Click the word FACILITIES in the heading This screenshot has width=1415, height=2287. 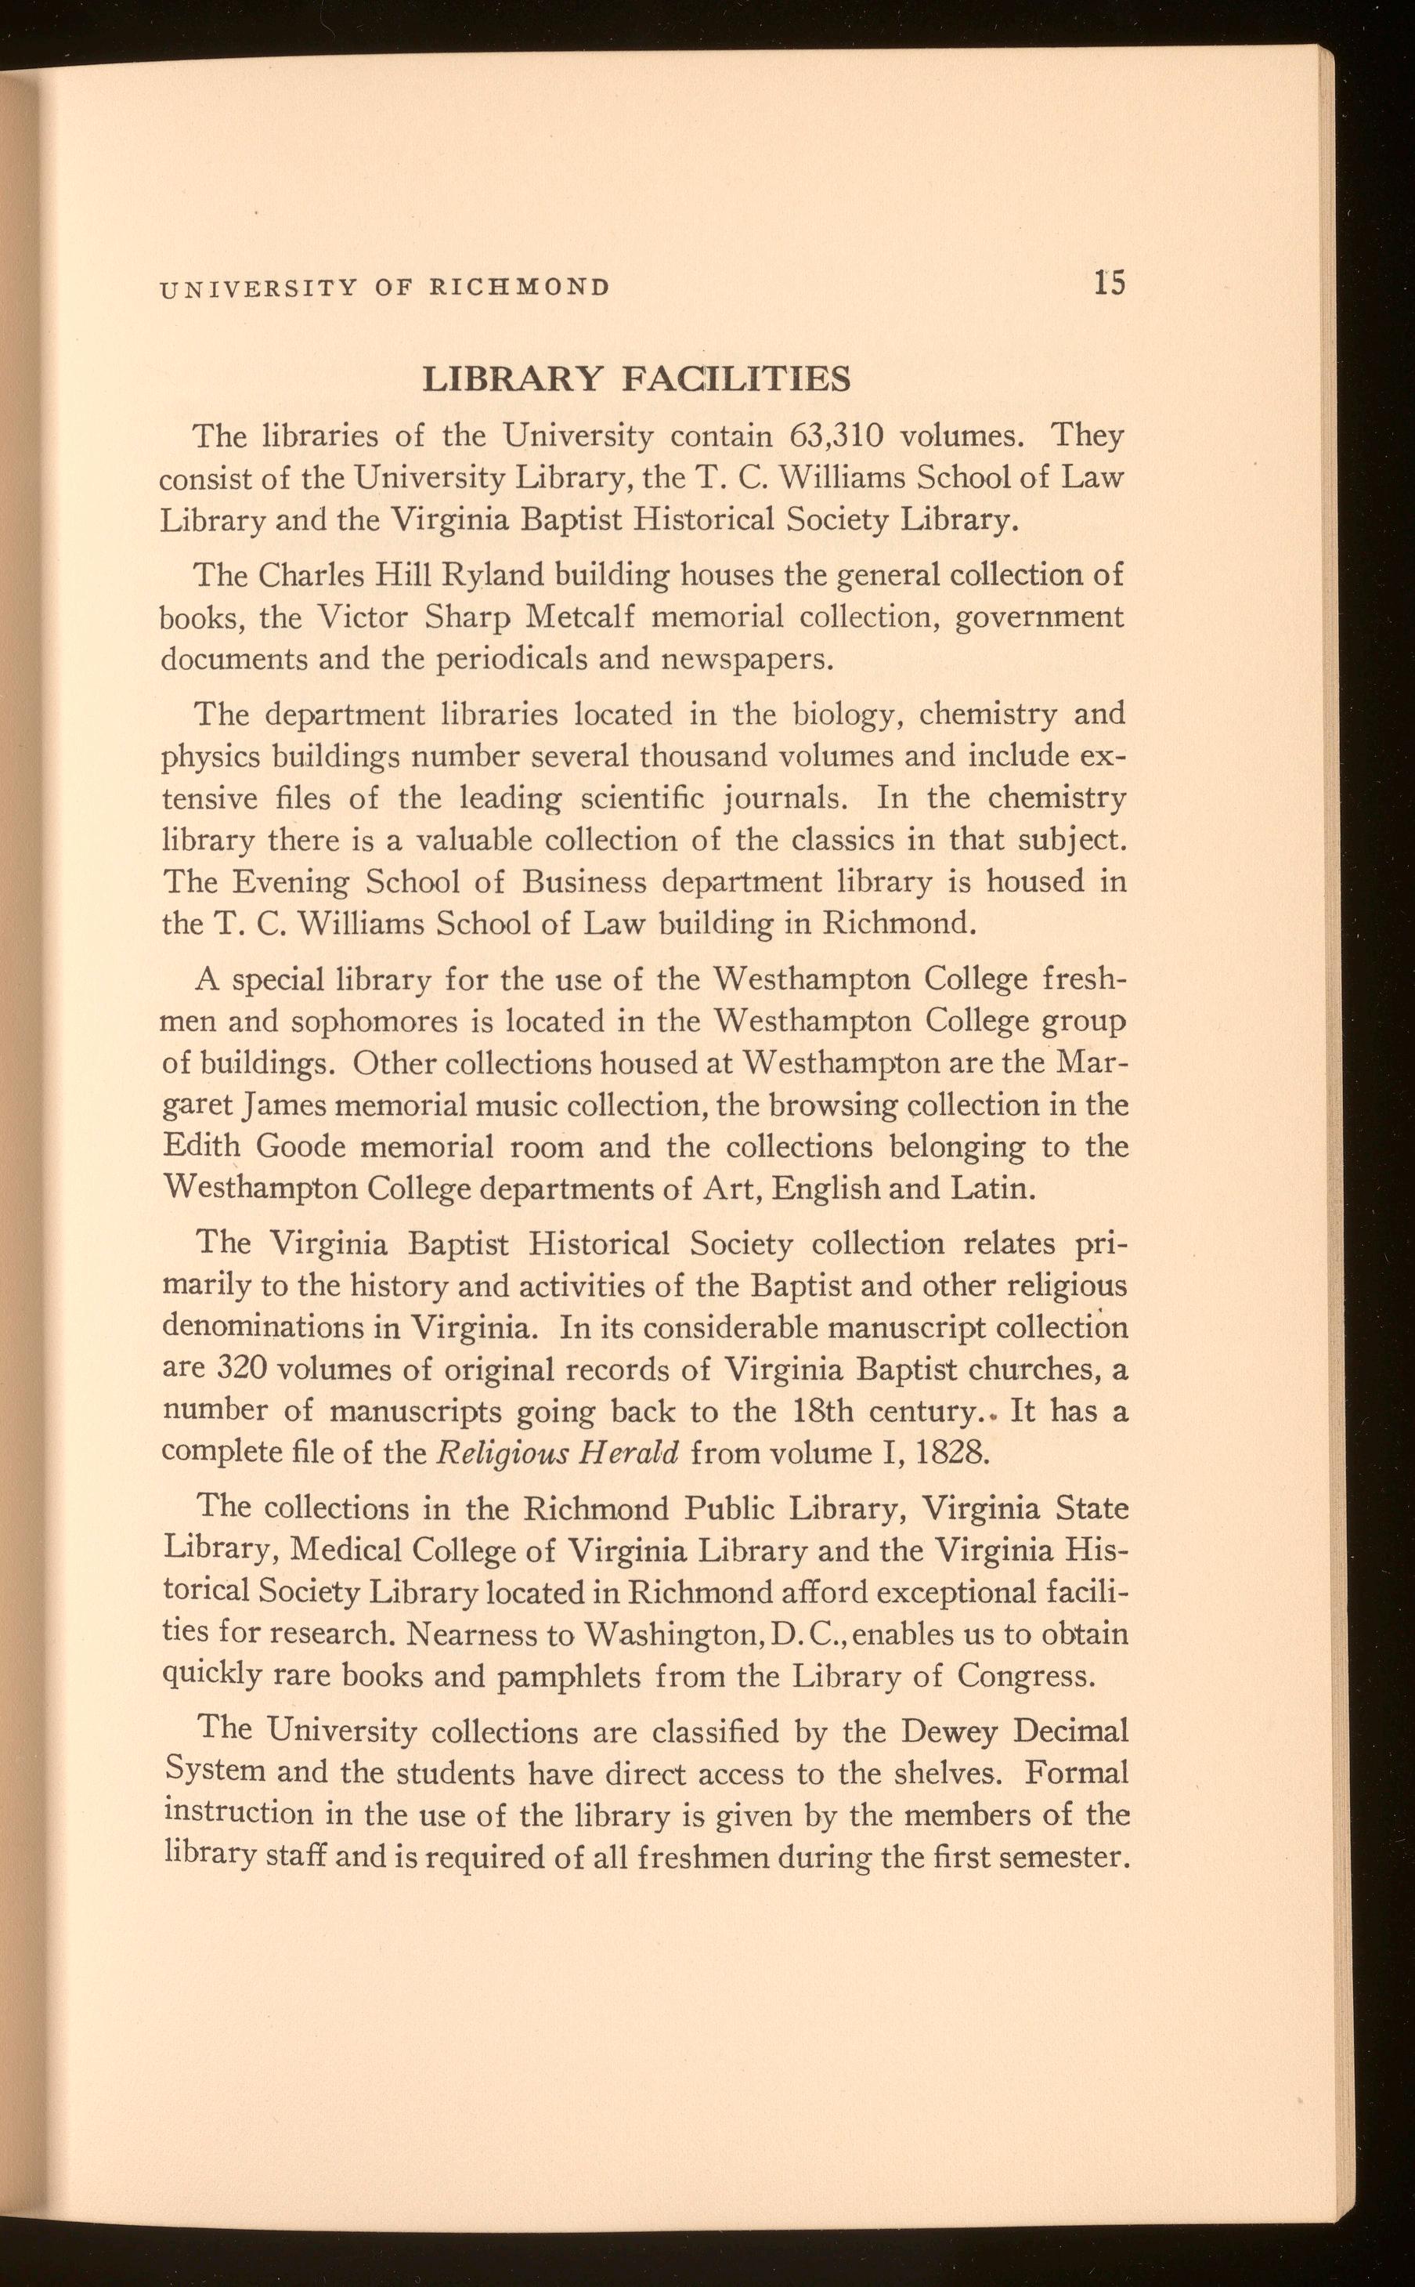coord(737,379)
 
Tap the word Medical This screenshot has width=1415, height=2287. coord(346,1551)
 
